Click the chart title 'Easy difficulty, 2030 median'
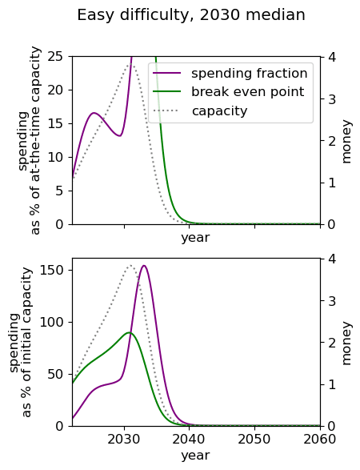tap(191, 15)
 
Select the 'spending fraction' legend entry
tap(230, 74)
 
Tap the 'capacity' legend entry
tap(200, 111)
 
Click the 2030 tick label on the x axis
tap(124, 439)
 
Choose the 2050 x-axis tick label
tap(254, 439)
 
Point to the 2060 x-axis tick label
tap(320, 439)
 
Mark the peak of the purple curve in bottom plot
tap(144, 266)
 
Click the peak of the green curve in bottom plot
tap(129, 332)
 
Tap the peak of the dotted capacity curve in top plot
tap(132, 64)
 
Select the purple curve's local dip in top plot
tap(120, 136)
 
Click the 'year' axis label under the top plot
tap(195, 238)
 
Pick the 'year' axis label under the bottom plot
tap(195, 456)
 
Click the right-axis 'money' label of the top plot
tap(346, 142)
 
